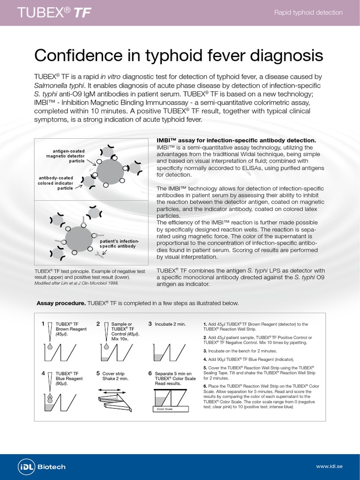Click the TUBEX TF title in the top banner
click(53, 13)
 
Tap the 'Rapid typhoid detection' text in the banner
click(308, 13)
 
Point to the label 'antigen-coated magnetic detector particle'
click(65, 156)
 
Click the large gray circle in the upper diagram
click(111, 172)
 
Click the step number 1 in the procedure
click(43, 323)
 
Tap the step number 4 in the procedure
click(43, 373)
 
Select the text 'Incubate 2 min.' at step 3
click(171, 324)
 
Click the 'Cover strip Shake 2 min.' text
click(115, 376)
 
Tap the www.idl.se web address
click(330, 467)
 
